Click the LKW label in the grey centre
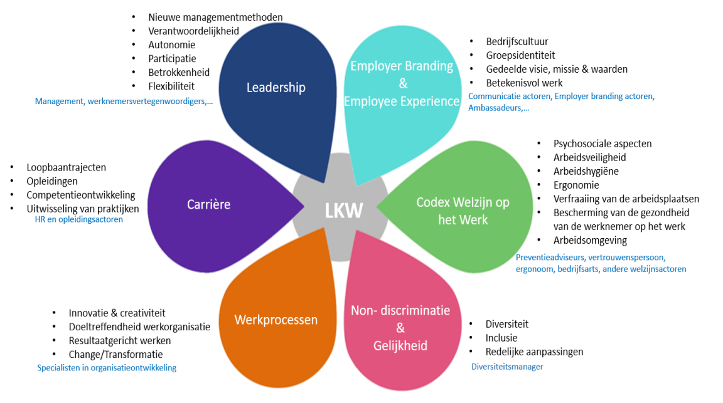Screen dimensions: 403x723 tap(344, 211)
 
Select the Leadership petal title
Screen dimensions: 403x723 tap(276, 87)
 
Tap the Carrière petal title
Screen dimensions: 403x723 tap(208, 204)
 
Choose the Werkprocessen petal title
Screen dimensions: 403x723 tap(276, 320)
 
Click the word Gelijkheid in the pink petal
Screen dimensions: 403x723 tap(400, 345)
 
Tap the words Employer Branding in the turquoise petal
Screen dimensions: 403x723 tap(402, 66)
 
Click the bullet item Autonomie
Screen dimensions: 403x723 tap(171, 45)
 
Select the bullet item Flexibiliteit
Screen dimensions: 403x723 tap(171, 86)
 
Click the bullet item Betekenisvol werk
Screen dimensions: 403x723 tap(524, 83)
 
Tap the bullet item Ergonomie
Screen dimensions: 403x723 tap(576, 185)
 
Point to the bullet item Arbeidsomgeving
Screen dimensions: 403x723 tap(590, 240)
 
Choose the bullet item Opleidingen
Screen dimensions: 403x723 tap(52, 181)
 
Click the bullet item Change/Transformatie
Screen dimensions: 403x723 tap(107, 354)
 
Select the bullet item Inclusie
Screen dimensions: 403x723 tap(501, 338)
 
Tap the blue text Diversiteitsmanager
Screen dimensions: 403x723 tap(507, 367)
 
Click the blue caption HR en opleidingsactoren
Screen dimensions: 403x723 tap(78, 219)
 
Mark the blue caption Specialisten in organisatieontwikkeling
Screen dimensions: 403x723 tap(107, 368)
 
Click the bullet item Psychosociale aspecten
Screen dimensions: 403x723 tap(602, 144)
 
